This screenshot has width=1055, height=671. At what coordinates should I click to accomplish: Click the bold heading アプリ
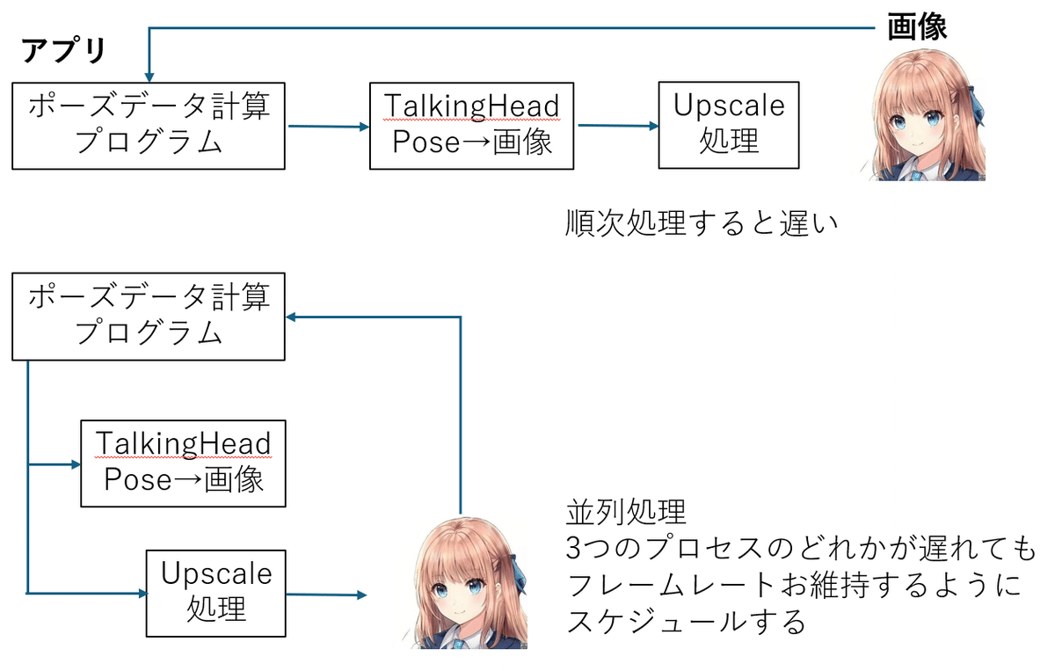point(63,52)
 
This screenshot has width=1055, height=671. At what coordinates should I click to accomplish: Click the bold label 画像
point(916,27)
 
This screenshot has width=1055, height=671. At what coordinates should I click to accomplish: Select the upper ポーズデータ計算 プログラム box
point(148,126)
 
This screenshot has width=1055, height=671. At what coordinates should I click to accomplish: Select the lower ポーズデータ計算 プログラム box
point(148,317)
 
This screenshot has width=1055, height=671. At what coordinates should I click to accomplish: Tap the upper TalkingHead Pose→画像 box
point(472,126)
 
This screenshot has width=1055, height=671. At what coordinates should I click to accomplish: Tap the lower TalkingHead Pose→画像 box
point(183,463)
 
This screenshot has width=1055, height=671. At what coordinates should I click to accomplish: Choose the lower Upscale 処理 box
point(216,593)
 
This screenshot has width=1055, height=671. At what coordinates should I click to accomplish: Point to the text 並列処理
point(625,511)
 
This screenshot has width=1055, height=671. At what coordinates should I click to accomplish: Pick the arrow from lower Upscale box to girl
point(325,595)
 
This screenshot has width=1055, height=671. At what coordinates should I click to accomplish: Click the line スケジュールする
point(686,622)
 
